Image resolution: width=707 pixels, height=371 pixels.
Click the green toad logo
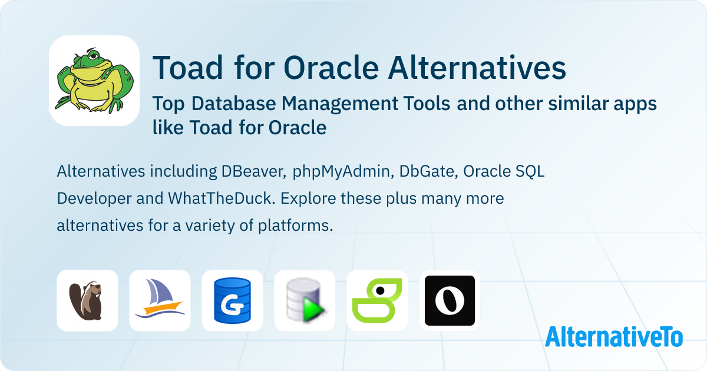pyautogui.click(x=94, y=81)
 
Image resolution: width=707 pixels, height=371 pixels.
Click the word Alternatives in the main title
pyautogui.click(x=477, y=68)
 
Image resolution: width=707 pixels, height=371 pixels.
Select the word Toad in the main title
pyautogui.click(x=188, y=68)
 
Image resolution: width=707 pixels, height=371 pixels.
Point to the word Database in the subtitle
pyautogui.click(x=233, y=104)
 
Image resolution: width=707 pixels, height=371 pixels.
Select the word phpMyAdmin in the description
pyautogui.click(x=343, y=172)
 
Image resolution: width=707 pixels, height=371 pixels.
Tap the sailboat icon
pyautogui.click(x=160, y=298)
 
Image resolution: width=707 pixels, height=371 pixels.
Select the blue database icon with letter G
pyautogui.click(x=232, y=300)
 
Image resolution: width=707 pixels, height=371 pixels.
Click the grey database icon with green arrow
pyautogui.click(x=305, y=300)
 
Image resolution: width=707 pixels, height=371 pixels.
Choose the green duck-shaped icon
pyautogui.click(x=377, y=300)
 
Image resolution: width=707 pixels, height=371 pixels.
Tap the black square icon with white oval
pyautogui.click(x=450, y=300)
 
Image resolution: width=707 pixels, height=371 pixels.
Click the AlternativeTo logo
pyautogui.click(x=614, y=336)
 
